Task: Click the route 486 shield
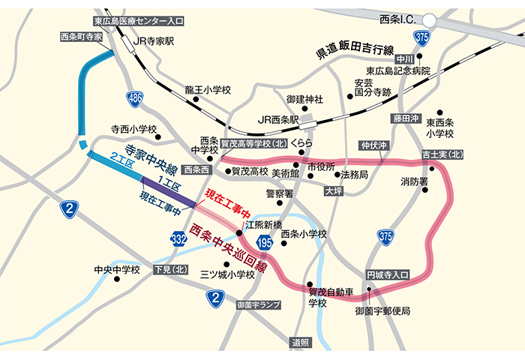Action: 135,97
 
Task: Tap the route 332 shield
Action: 178,238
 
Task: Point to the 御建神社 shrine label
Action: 304,98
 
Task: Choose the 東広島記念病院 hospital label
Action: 393,70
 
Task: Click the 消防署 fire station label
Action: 412,181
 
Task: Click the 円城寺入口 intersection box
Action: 387,276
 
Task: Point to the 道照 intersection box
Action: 300,343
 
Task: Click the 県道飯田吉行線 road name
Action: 354,52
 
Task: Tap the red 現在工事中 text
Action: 227,203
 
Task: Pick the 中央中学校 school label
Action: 116,269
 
